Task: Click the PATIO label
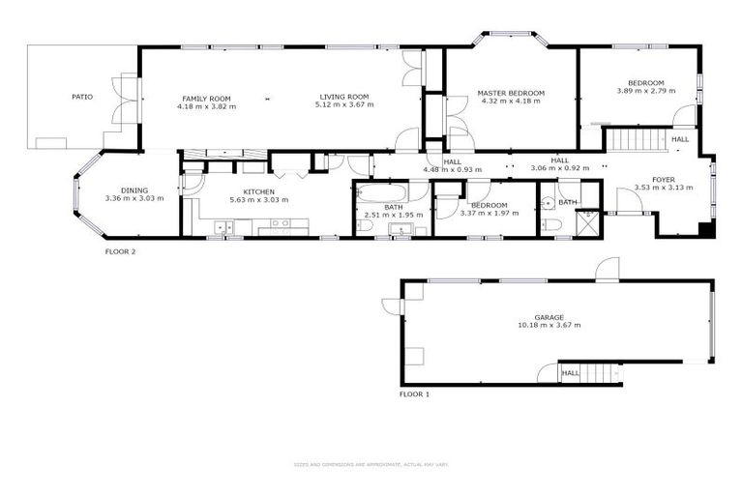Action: pos(82,97)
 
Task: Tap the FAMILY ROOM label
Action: pos(206,98)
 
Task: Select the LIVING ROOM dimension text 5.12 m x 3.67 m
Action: pos(343,105)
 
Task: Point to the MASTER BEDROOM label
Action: pos(511,93)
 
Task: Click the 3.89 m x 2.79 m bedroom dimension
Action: pos(645,91)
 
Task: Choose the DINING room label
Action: pos(134,190)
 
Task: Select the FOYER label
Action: pos(663,180)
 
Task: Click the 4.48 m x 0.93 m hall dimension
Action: pos(452,169)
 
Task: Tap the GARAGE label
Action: pos(549,317)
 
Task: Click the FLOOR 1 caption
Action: pos(414,394)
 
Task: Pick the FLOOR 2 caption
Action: pos(120,251)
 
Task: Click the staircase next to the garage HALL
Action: pos(600,372)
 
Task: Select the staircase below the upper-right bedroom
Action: pos(634,139)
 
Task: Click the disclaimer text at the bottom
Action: pos(371,464)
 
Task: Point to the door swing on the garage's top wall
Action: pos(608,270)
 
